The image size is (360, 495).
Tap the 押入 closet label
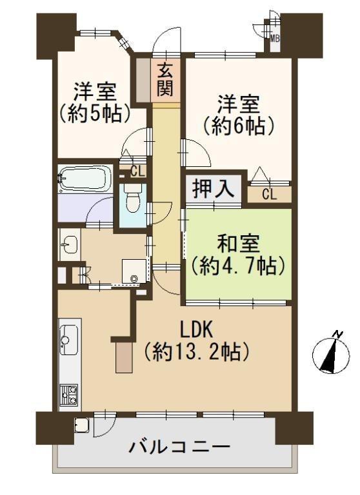click(214, 190)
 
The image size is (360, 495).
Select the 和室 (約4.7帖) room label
click(238, 255)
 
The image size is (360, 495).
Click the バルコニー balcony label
click(178, 447)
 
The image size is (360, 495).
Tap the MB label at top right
click(275, 38)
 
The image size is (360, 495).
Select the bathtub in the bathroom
click(84, 177)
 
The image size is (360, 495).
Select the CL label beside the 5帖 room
click(137, 171)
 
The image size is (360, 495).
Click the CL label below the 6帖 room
click(269, 195)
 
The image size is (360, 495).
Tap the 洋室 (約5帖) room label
click(95, 102)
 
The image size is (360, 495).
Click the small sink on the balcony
click(83, 425)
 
